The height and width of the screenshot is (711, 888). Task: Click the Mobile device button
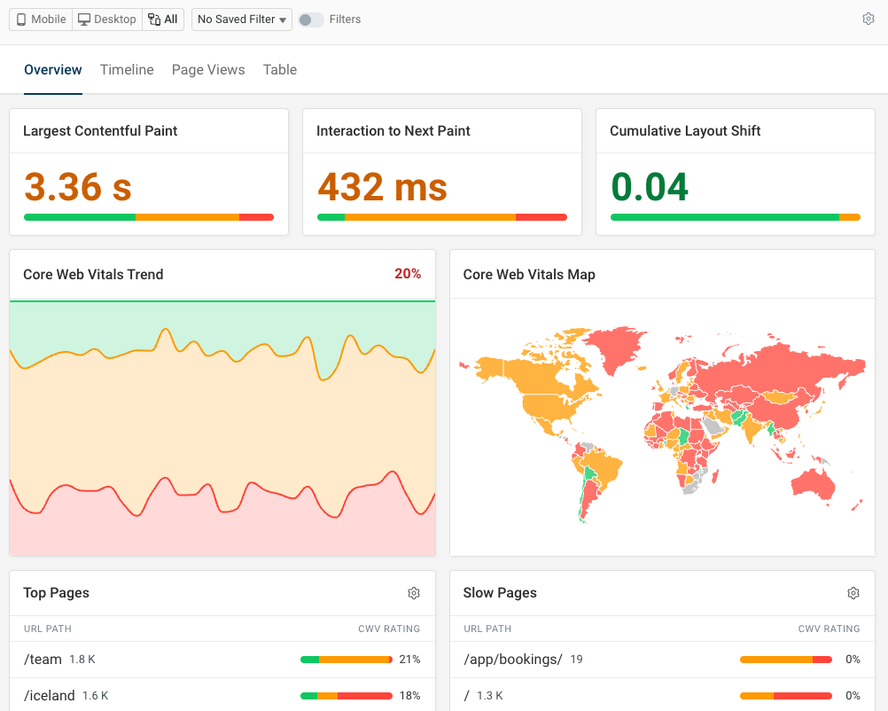click(42, 19)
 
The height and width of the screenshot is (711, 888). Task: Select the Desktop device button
click(106, 19)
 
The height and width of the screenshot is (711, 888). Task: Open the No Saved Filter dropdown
click(242, 19)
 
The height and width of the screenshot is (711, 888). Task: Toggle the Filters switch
click(310, 19)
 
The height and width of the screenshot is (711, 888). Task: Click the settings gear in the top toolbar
click(869, 19)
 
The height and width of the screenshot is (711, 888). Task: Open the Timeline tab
click(127, 70)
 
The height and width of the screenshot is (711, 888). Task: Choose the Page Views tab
click(208, 70)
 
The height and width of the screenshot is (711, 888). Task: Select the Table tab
click(280, 70)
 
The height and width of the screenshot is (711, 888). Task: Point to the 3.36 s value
click(78, 187)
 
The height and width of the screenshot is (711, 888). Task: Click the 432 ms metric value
click(382, 187)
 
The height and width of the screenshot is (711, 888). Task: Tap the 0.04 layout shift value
click(650, 187)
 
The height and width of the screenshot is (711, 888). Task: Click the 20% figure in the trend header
click(408, 274)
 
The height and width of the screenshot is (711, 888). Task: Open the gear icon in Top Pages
click(414, 593)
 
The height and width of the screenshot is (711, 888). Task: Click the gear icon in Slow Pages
click(853, 593)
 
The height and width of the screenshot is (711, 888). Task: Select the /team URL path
click(43, 660)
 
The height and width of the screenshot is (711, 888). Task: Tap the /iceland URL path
click(49, 696)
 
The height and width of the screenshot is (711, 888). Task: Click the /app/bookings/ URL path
click(512, 660)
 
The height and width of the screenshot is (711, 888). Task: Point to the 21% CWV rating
click(409, 660)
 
